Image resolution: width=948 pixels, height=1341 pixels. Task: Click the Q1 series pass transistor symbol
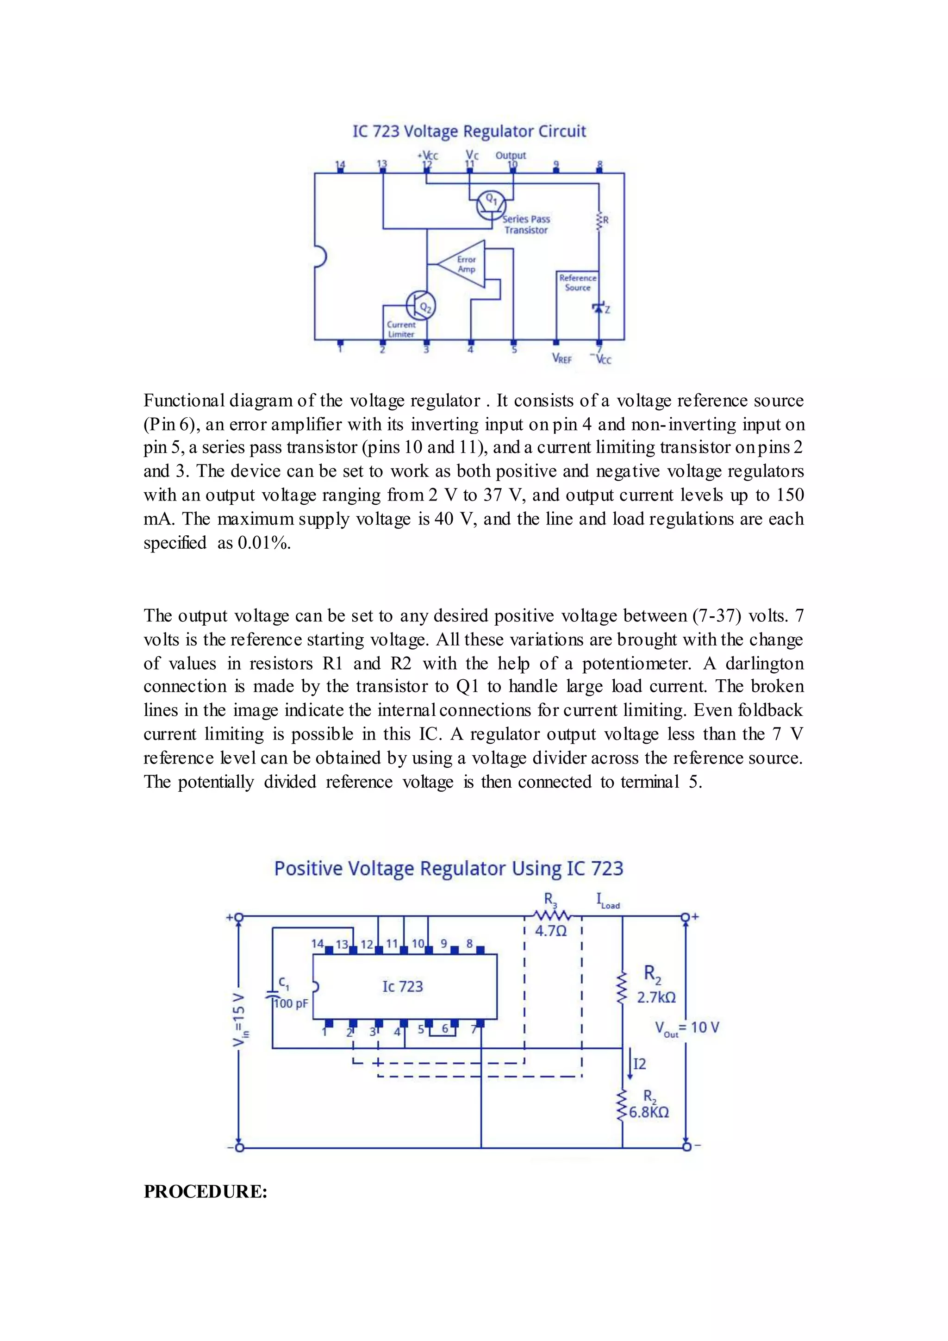(490, 204)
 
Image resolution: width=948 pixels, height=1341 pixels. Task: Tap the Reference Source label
(577, 282)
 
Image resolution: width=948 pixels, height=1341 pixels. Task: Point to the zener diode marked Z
(599, 308)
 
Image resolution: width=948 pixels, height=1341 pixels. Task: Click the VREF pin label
(561, 358)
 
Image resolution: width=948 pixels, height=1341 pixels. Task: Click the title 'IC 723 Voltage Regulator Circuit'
(469, 132)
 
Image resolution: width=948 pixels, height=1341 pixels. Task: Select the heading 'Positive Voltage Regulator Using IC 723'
(449, 869)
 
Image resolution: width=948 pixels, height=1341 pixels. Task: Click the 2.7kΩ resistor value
(656, 997)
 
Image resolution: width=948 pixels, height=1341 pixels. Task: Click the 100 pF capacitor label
(291, 1003)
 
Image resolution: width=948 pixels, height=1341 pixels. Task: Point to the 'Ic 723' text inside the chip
(402, 986)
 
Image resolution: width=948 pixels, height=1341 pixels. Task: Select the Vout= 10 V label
(687, 1028)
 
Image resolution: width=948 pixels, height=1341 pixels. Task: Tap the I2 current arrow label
(640, 1064)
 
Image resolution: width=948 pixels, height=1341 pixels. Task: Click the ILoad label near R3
(608, 901)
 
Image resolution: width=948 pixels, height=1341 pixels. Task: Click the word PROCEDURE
(206, 1191)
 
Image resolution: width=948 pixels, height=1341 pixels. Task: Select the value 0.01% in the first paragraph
(264, 543)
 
